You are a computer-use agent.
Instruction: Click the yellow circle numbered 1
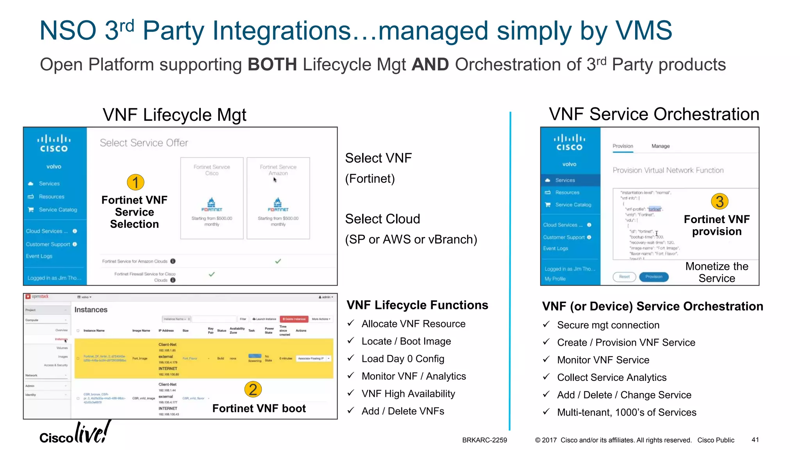(136, 182)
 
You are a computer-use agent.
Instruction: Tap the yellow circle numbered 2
(253, 389)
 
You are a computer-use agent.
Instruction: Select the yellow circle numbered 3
(720, 202)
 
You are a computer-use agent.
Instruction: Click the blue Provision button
(654, 277)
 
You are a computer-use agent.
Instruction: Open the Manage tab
(660, 146)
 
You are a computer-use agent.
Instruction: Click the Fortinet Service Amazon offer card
(278, 198)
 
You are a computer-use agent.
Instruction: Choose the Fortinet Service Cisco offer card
(212, 198)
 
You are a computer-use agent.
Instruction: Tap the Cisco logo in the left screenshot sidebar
(54, 143)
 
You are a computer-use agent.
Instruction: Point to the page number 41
(755, 440)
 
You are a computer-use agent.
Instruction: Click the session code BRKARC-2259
(484, 440)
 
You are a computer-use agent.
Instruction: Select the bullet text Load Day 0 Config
(403, 359)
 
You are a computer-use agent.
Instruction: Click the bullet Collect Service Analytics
(611, 377)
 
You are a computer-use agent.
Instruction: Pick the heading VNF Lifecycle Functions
(417, 305)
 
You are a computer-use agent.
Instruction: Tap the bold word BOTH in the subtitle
(272, 64)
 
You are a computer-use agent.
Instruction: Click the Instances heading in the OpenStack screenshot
(91, 310)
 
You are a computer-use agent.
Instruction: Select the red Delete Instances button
(295, 319)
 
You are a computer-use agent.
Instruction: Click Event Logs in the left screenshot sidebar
(39, 256)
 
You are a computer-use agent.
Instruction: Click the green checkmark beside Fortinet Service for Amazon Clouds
(278, 261)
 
